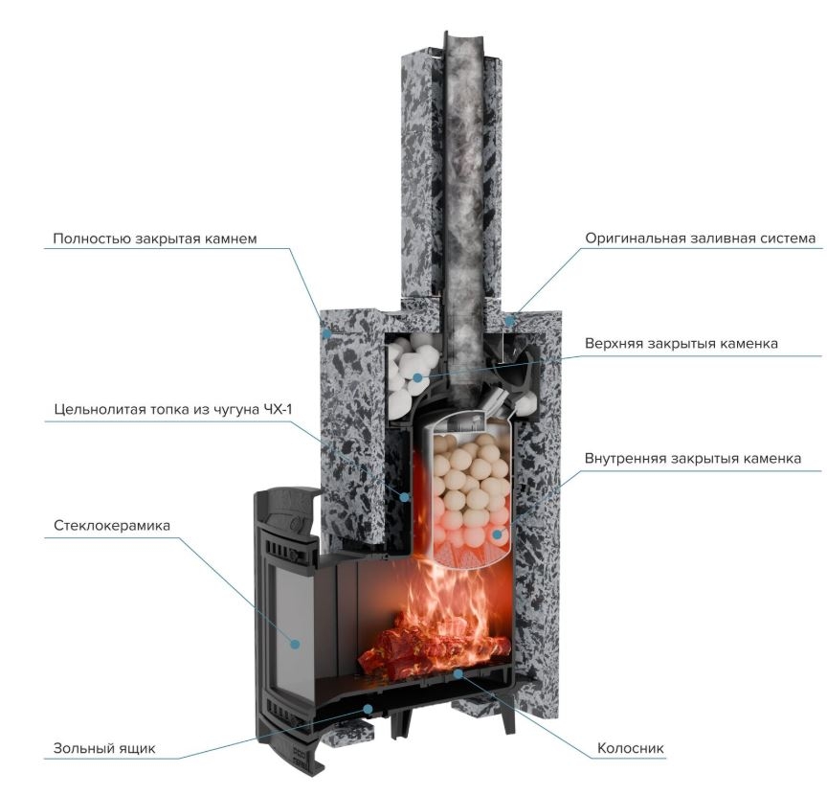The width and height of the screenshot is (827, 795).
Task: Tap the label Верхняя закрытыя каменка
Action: tap(694, 343)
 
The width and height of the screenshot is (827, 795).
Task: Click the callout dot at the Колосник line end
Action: tap(460, 674)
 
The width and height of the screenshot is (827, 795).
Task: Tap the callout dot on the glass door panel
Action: tap(296, 644)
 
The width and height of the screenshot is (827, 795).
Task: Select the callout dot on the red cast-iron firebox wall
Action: tap(406, 497)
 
